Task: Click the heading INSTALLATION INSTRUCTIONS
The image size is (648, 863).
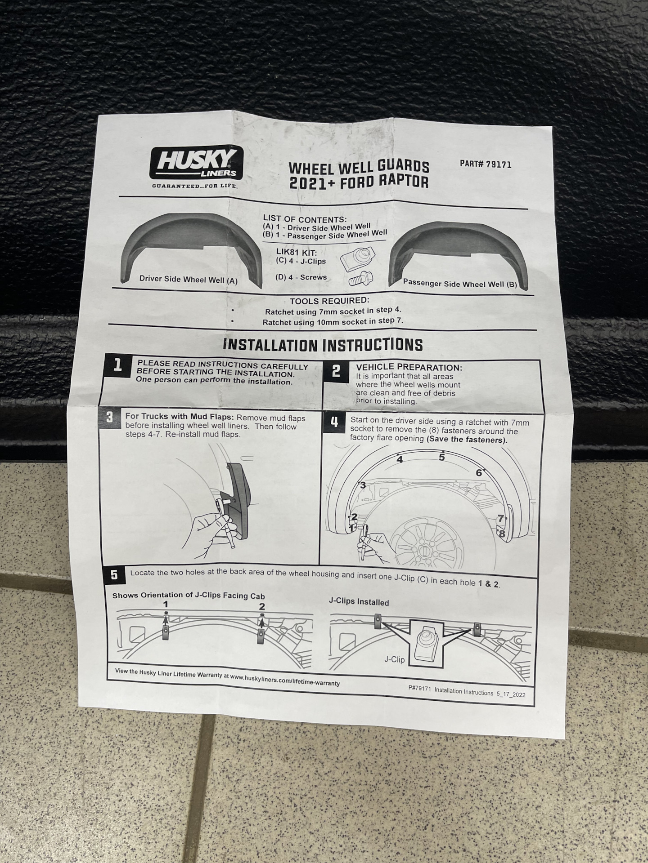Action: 323,345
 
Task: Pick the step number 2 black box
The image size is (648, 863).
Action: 336,371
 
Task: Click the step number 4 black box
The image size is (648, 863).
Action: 334,422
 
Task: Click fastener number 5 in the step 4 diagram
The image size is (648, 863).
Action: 441,457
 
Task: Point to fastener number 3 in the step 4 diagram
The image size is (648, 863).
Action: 363,485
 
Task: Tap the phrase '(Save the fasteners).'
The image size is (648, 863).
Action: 467,440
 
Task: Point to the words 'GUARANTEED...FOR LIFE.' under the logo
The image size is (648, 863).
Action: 194,186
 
